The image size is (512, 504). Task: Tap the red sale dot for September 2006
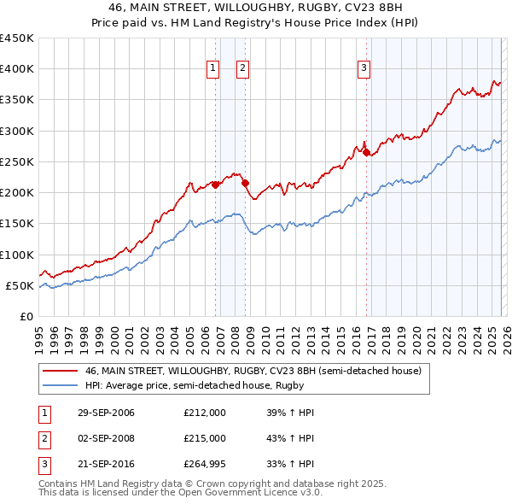pos(216,184)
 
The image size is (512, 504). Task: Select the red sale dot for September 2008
pos(245,182)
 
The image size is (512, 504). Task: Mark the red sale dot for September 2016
pos(366,152)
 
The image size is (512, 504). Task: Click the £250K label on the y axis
pos(17,161)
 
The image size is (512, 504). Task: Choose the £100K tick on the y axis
pos(17,255)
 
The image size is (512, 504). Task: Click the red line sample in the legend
pos(61,372)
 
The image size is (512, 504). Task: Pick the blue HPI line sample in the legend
pos(61,385)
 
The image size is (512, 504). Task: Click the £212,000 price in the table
pos(205,413)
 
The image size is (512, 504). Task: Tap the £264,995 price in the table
pos(205,464)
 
